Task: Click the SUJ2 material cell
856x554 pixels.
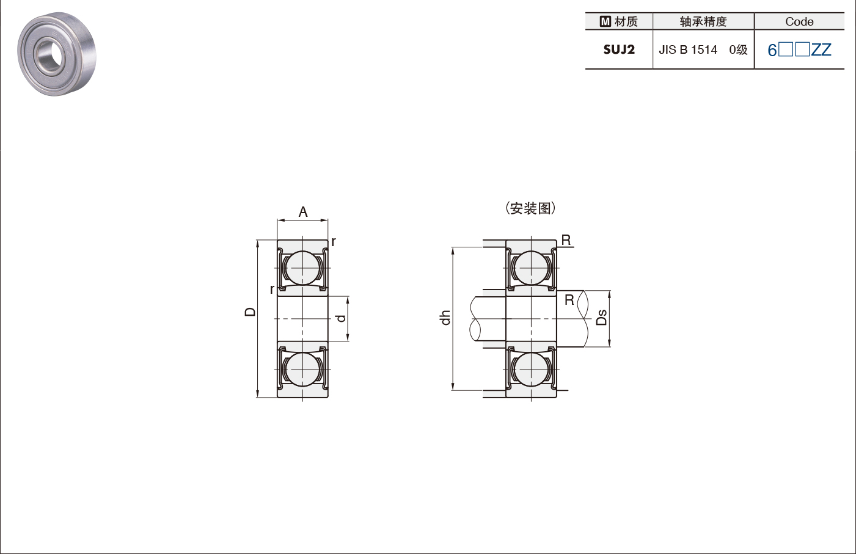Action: pos(619,49)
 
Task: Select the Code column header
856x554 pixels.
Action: pos(799,21)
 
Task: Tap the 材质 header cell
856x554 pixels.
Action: pos(619,21)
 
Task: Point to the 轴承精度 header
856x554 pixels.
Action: pos(703,21)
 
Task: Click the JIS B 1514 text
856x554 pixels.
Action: pos(688,49)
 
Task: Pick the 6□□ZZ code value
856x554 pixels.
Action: pos(799,50)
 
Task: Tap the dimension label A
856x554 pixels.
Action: pos(302,212)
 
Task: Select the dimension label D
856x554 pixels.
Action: pos(250,312)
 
